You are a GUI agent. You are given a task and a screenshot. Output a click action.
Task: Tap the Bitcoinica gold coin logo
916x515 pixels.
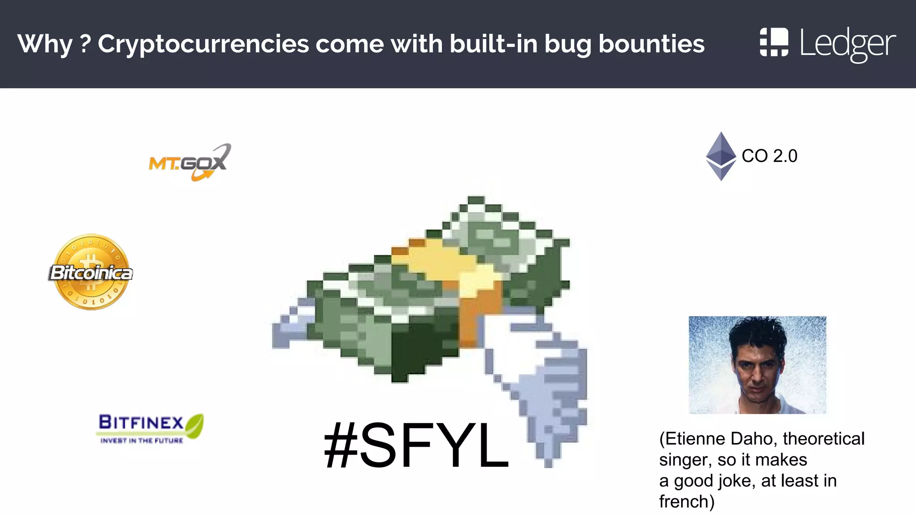point(91,272)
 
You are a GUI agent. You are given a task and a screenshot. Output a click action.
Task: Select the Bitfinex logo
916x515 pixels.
point(149,428)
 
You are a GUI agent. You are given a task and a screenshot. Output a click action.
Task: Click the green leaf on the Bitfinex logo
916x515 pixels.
point(195,424)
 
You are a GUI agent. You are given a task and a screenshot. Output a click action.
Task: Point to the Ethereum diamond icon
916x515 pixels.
point(721,156)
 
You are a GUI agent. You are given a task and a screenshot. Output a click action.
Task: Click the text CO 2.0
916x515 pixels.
point(769,156)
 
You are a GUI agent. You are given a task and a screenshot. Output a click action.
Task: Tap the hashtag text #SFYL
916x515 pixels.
point(416,446)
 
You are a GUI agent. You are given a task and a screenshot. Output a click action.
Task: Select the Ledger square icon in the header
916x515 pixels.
point(774,42)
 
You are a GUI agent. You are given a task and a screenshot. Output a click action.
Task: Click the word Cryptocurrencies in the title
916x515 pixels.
point(204,44)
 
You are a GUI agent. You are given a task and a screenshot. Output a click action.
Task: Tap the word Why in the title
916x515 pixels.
point(45,44)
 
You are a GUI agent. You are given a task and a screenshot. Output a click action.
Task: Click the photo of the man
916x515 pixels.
point(757,365)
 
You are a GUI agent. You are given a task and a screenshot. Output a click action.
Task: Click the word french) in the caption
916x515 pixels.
point(687,502)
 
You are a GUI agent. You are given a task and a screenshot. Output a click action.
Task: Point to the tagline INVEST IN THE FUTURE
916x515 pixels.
point(142,441)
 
